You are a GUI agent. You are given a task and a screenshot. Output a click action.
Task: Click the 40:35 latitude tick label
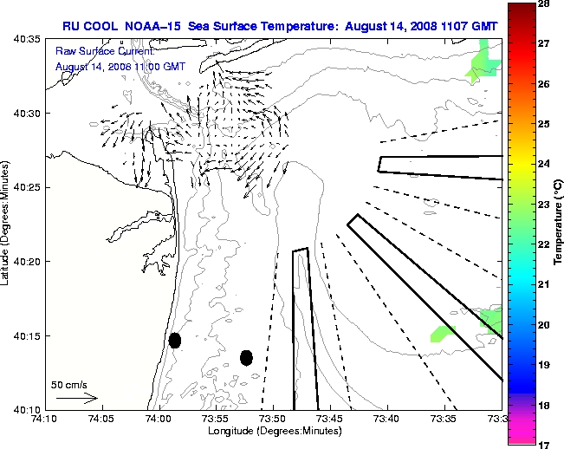pos(29,40)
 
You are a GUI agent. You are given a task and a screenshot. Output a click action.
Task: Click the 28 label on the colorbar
pos(547,4)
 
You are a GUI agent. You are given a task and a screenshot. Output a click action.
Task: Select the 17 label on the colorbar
pos(547,444)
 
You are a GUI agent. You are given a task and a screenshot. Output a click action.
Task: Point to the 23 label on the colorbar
pos(547,205)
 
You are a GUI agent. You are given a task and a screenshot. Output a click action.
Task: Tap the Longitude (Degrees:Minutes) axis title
pos(273,431)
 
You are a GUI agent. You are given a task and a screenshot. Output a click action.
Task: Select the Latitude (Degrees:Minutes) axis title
pos(7,224)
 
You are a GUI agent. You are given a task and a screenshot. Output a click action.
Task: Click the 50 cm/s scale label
pos(69,384)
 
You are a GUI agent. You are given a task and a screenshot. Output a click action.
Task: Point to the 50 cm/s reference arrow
pos(76,398)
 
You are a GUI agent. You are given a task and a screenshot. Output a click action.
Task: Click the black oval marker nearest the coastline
pos(175,340)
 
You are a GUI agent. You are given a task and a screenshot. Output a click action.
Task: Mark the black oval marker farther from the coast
pos(246,357)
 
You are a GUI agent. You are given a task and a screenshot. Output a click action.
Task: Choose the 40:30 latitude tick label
pos(29,114)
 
